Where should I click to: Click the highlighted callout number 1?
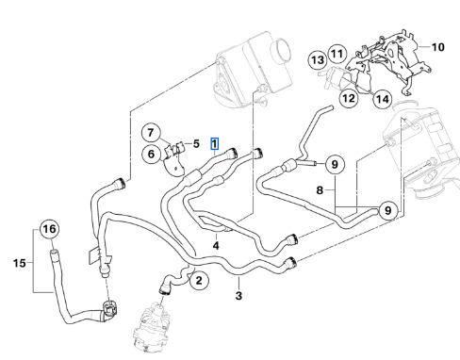point(214,144)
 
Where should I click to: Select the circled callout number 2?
point(199,280)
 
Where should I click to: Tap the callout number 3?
point(238,296)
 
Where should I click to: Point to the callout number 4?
point(216,245)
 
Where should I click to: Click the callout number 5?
point(196,144)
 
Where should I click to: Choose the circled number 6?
point(151,154)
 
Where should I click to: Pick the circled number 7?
point(151,133)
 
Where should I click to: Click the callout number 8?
point(320,190)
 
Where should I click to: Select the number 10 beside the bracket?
point(437,47)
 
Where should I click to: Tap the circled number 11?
point(337,54)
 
